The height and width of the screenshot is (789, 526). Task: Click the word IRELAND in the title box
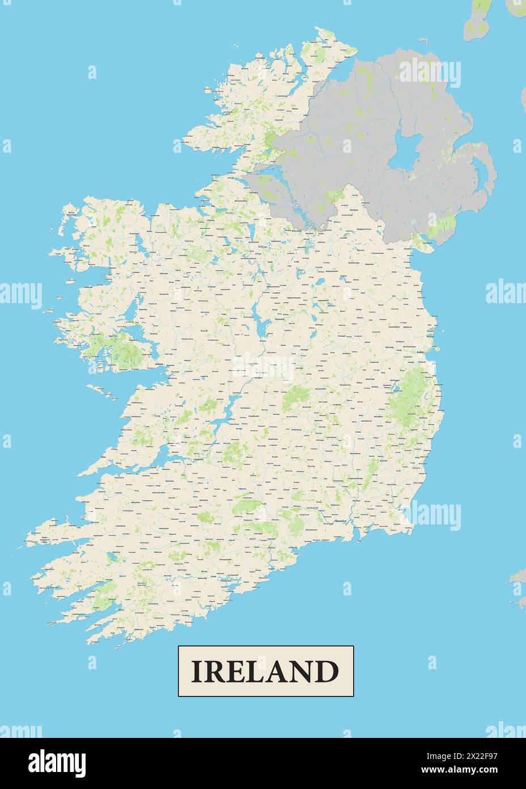point(265,671)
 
